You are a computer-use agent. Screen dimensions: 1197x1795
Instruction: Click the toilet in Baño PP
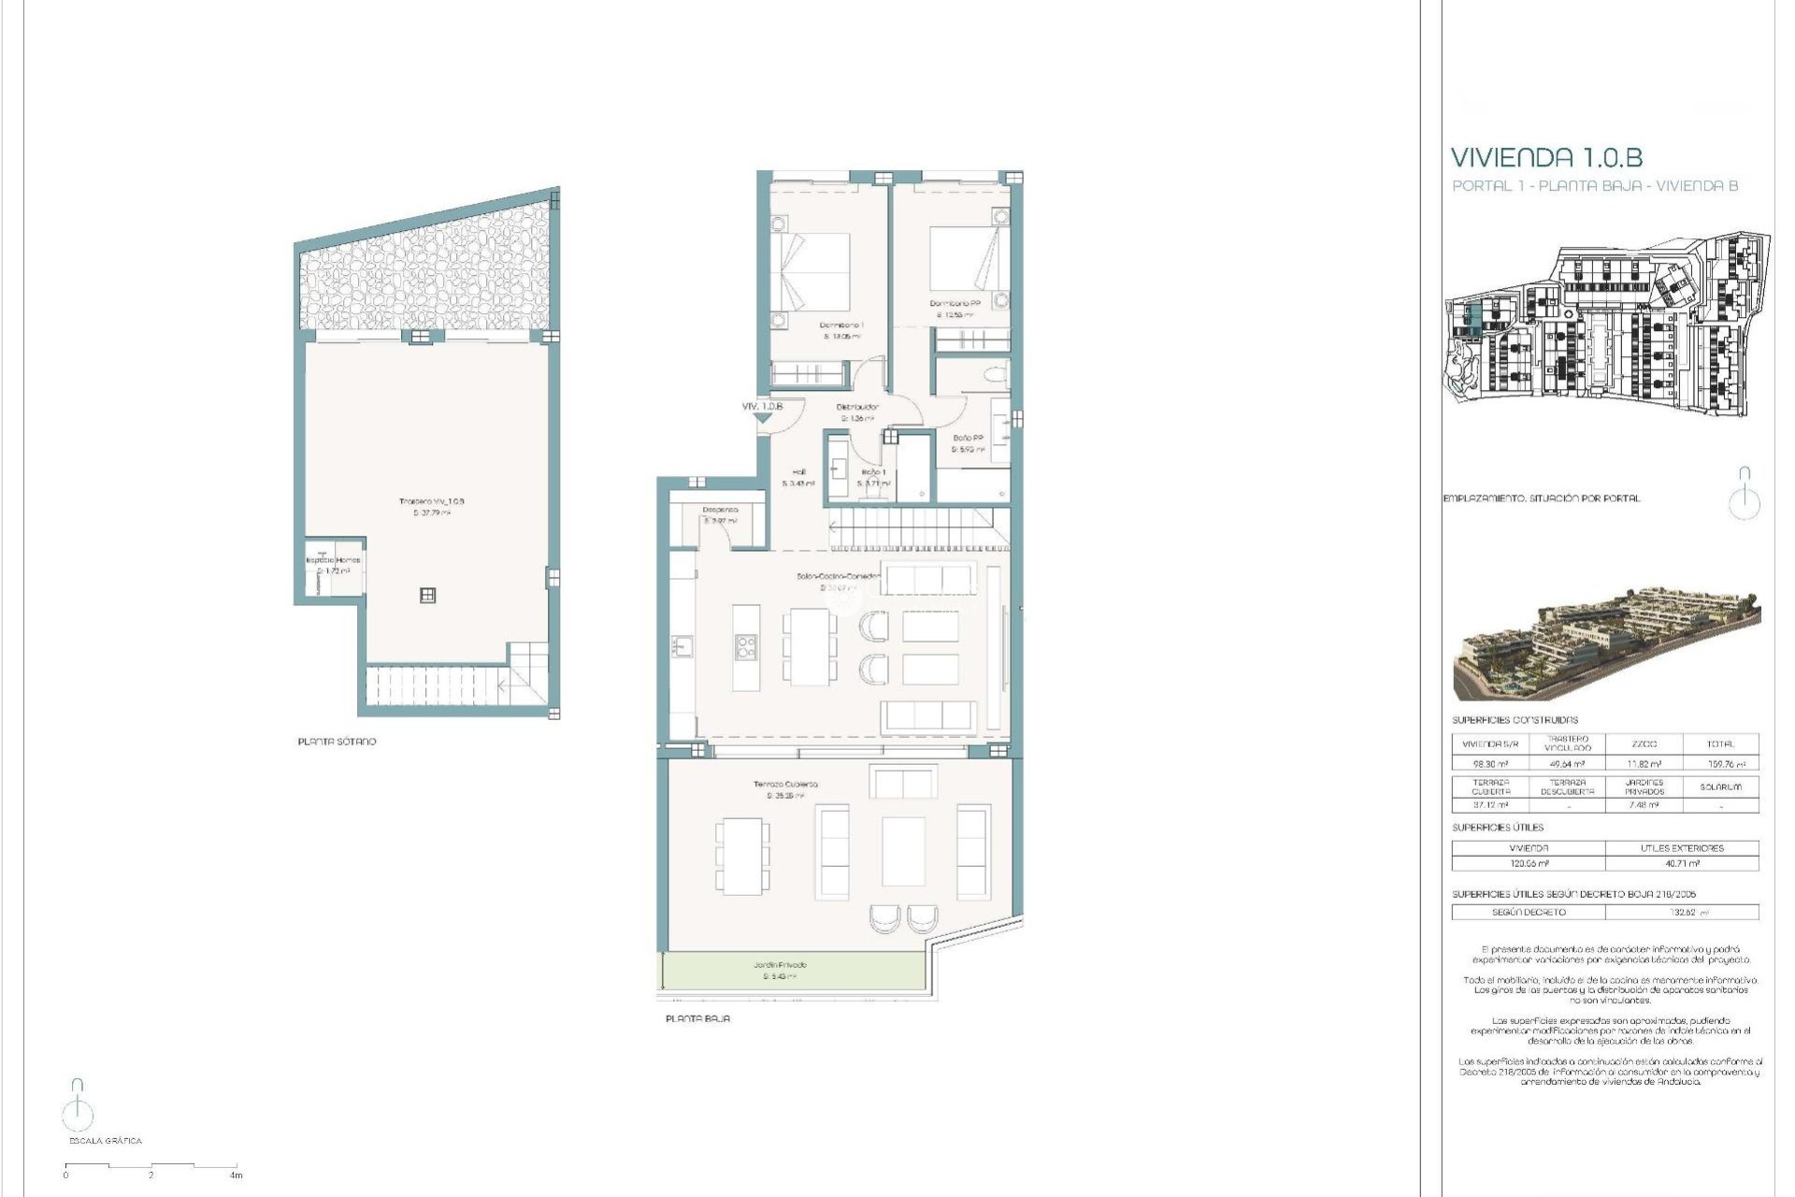pos(996,376)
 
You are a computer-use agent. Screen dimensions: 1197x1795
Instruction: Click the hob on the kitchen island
pos(745,646)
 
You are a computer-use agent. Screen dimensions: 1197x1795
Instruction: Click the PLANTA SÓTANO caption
pos(337,742)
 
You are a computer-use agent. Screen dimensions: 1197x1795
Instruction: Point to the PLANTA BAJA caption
pos(697,1018)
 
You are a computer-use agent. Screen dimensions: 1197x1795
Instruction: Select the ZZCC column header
pos(1644,744)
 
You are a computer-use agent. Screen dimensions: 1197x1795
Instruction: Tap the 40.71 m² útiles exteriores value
pos(1681,863)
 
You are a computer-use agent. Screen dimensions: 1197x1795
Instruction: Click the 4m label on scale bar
pos(237,1175)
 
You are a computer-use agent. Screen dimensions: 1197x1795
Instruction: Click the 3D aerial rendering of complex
pos(1606,643)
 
